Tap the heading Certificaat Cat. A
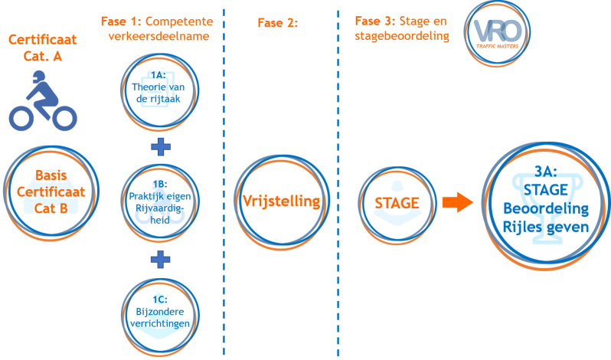pyautogui.click(x=35, y=47)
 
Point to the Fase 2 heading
pyautogui.click(x=277, y=23)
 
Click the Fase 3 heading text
pyautogui.click(x=401, y=27)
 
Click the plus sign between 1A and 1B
pyautogui.click(x=161, y=147)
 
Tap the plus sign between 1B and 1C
pyautogui.click(x=161, y=259)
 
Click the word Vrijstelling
pyautogui.click(x=280, y=201)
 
